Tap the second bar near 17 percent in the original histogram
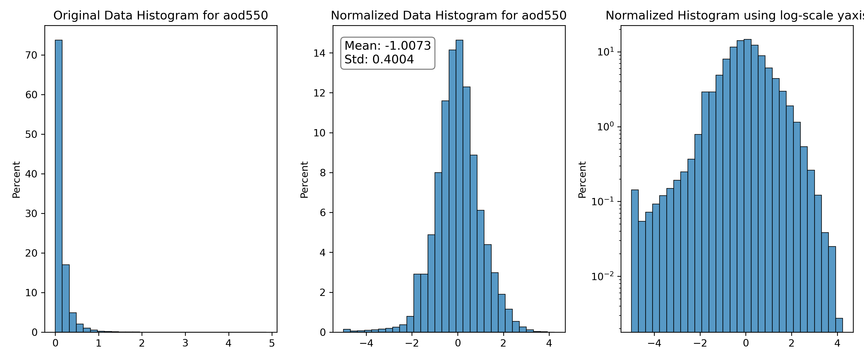coord(66,298)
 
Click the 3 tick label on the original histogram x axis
coord(185,343)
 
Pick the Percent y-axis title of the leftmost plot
coord(16,180)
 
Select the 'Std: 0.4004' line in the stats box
coord(379,59)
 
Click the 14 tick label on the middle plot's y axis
coord(319,53)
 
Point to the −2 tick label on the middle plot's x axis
coord(412,343)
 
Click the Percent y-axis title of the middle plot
coord(304,180)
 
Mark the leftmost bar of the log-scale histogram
coord(635,261)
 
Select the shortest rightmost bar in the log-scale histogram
coord(839,325)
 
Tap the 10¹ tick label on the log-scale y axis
coord(606,52)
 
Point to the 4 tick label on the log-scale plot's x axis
coord(837,343)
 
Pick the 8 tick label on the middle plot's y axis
coord(323,173)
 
